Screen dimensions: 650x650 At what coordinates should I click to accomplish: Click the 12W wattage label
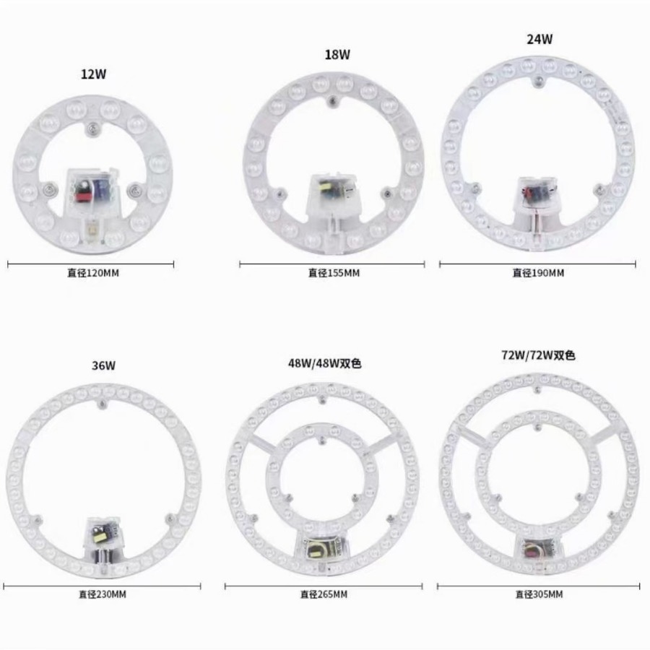point(94,73)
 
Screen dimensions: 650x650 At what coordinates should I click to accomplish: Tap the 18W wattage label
point(337,54)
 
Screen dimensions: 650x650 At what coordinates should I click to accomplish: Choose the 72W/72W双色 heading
point(539,355)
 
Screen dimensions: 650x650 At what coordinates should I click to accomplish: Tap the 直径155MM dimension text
point(334,273)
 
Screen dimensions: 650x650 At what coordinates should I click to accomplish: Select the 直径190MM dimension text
point(538,273)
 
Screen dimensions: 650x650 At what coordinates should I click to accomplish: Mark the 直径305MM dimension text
point(539,594)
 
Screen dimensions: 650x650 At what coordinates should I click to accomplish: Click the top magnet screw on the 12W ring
point(90,129)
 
